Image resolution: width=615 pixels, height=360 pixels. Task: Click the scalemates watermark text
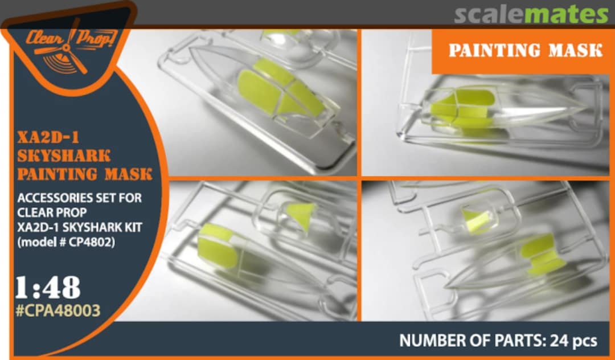point(531,14)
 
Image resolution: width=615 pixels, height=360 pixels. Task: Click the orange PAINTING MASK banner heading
point(525,51)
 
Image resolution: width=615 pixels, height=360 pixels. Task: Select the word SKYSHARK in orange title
point(64,156)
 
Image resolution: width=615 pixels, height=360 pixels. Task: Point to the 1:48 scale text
point(48,288)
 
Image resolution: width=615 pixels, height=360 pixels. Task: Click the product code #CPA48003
point(58,310)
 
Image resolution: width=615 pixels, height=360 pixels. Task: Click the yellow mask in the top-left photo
point(279,89)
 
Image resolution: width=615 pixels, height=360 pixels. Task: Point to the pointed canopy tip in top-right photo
point(587,107)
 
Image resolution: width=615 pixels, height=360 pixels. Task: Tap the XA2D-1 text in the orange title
point(48,138)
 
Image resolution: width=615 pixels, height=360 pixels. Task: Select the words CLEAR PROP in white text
point(52,212)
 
